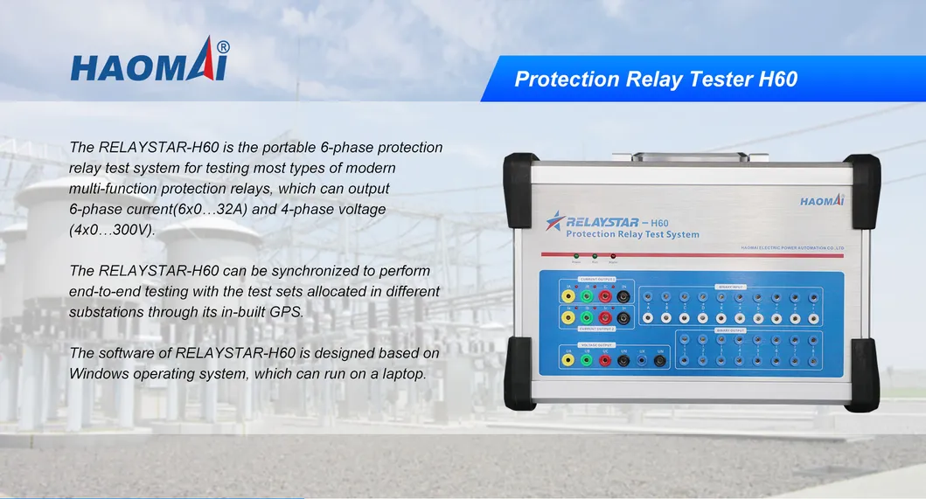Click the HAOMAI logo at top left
[x=150, y=62]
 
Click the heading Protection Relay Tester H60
[x=656, y=79]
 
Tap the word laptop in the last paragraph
[x=404, y=373]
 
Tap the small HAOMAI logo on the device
[x=821, y=201]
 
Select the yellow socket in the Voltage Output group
[x=568, y=359]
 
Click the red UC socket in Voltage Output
[x=604, y=359]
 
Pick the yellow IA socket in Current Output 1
[x=568, y=296]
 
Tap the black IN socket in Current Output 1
[x=623, y=296]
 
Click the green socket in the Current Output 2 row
[x=587, y=319]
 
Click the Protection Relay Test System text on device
[x=632, y=234]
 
